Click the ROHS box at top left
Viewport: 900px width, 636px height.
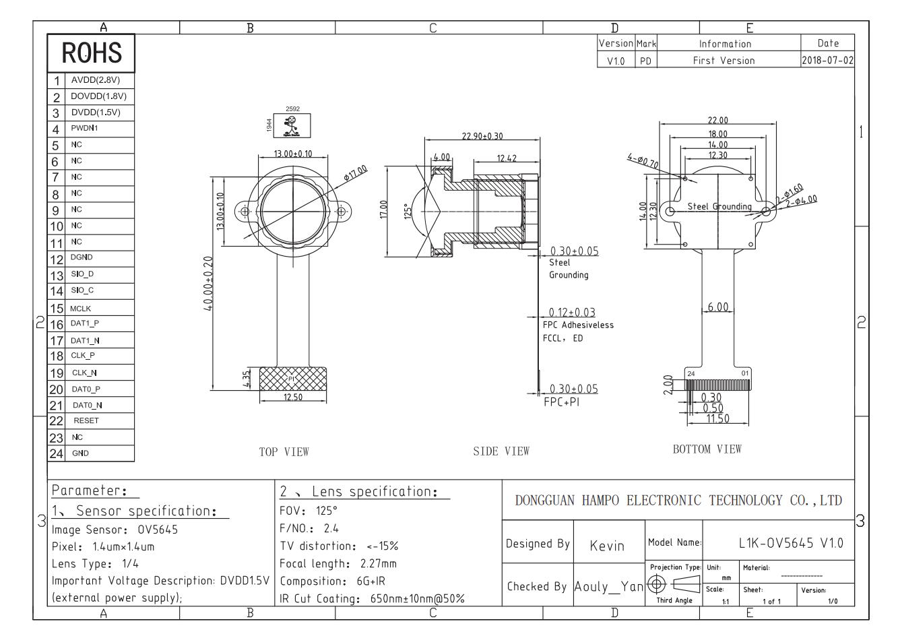click(91, 53)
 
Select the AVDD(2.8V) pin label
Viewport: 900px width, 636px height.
click(96, 80)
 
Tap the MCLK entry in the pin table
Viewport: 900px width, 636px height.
click(80, 309)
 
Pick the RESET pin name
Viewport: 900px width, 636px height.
click(86, 420)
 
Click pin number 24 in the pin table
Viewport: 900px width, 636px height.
click(57, 453)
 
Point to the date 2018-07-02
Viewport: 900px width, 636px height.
click(827, 60)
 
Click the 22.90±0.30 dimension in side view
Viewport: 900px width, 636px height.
click(482, 136)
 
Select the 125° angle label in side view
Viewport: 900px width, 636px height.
click(408, 211)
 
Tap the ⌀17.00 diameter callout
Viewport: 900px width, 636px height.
click(356, 173)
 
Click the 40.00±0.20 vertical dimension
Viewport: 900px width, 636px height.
click(208, 284)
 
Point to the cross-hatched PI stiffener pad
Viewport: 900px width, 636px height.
click(293, 379)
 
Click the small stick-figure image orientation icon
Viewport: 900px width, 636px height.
click(292, 126)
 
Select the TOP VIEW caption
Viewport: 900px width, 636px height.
click(284, 452)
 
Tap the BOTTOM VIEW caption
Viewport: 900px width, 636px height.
click(707, 449)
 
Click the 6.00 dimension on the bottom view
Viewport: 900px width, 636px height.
click(718, 307)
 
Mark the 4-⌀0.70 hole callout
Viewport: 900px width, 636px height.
click(643, 161)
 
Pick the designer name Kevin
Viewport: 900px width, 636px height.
click(607, 546)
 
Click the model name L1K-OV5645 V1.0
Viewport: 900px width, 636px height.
click(791, 543)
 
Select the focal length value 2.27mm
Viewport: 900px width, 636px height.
click(378, 564)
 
